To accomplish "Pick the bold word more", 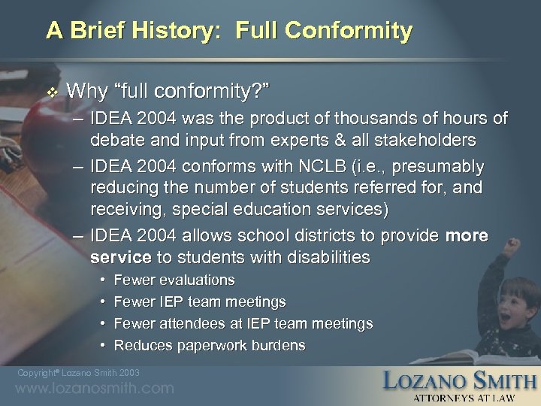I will click(467, 236).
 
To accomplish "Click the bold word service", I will click(120, 257).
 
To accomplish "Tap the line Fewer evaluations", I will click(174, 280).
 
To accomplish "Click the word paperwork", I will click(215, 346).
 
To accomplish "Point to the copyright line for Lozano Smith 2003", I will click(77, 373).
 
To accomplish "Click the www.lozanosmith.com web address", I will click(94, 389).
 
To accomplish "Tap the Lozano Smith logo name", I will click(460, 380).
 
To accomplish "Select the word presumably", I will click(439, 166).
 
